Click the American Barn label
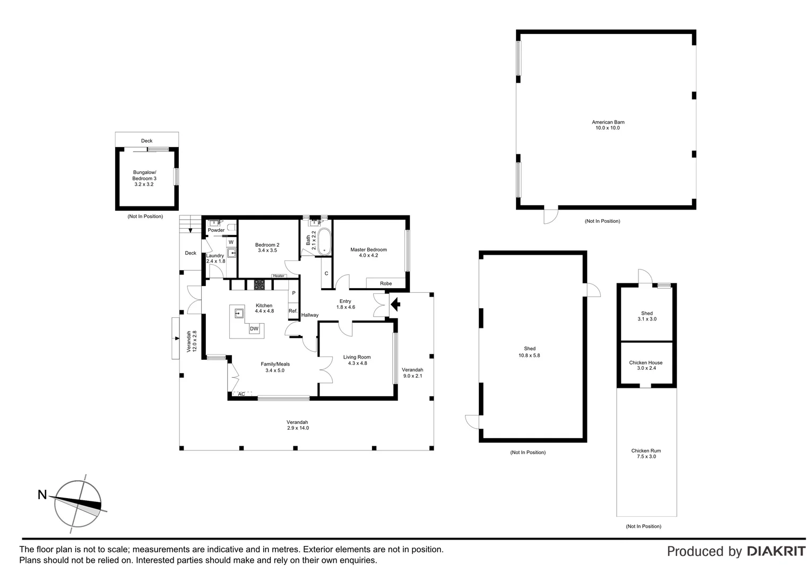click(x=608, y=122)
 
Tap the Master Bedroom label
click(x=368, y=249)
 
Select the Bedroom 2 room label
click(x=267, y=245)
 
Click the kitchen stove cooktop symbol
click(x=259, y=284)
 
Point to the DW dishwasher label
click(x=254, y=329)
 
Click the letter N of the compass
click(x=42, y=495)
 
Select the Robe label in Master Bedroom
click(x=386, y=283)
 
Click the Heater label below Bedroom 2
click(x=279, y=276)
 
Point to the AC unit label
click(x=241, y=394)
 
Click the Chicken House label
click(x=645, y=363)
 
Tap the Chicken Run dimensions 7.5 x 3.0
click(x=645, y=456)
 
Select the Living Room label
click(x=357, y=357)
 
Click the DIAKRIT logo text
click(x=776, y=551)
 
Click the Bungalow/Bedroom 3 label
click(x=144, y=176)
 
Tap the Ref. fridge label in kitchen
click(x=292, y=311)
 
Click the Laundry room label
click(x=215, y=255)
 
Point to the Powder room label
click(x=216, y=230)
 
